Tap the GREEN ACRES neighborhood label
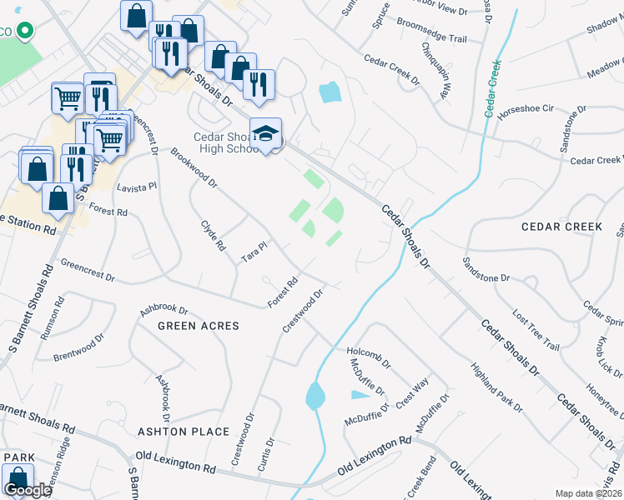198,326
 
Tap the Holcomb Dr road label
369,358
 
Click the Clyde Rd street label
214,236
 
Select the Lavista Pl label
137,188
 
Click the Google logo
28,490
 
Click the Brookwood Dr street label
193,168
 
